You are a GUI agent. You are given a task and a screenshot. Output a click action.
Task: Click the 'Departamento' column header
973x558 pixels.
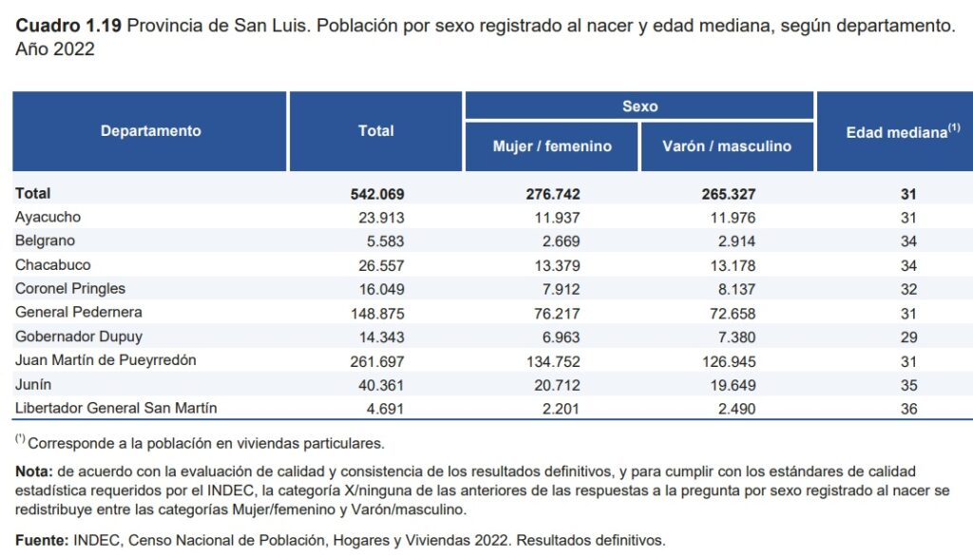pyautogui.click(x=150, y=131)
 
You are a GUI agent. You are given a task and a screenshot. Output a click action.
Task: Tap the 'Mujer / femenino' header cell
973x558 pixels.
pyautogui.click(x=552, y=146)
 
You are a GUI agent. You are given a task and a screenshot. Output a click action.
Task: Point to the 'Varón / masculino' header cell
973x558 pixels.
pyautogui.click(x=727, y=146)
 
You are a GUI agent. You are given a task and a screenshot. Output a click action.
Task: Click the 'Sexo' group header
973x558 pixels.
pyautogui.click(x=639, y=106)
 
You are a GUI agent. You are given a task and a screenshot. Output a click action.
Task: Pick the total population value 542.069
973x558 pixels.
pyautogui.click(x=377, y=194)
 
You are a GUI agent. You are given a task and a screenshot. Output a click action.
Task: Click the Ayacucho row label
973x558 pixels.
pyautogui.click(x=48, y=217)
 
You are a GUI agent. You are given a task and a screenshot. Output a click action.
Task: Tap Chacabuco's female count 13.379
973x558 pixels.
pyautogui.click(x=555, y=264)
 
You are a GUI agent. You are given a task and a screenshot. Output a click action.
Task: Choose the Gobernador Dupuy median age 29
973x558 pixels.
pyautogui.click(x=907, y=337)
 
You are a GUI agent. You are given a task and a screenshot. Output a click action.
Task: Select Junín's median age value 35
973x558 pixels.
pyautogui.click(x=907, y=384)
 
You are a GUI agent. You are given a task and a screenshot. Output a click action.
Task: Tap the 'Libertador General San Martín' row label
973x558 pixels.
pyautogui.click(x=116, y=408)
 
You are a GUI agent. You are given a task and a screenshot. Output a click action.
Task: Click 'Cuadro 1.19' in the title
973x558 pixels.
pyautogui.click(x=68, y=26)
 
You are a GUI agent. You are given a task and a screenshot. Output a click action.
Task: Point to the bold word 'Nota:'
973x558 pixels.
pyautogui.click(x=33, y=471)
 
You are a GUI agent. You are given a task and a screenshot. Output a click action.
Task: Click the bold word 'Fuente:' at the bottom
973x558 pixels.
pyautogui.click(x=42, y=540)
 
